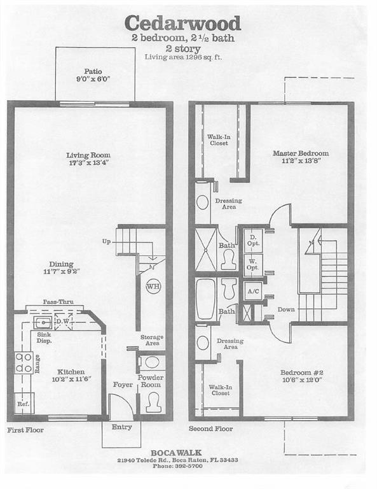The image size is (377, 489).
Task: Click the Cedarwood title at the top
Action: (x=182, y=24)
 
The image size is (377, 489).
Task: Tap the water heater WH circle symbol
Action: (x=153, y=287)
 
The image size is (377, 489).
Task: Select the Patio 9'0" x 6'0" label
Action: (x=93, y=75)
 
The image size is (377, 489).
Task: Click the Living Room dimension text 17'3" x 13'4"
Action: (x=88, y=163)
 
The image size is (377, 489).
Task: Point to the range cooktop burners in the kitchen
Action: (x=24, y=363)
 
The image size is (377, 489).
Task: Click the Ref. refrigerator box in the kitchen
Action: (x=24, y=403)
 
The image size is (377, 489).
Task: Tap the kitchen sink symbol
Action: (x=43, y=322)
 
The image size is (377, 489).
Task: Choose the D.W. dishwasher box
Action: (x=64, y=321)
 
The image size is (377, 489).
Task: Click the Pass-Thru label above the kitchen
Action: (x=58, y=302)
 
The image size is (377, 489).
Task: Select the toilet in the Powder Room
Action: (x=153, y=403)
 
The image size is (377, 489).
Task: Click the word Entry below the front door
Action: (x=121, y=427)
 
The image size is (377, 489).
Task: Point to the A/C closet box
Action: (x=253, y=291)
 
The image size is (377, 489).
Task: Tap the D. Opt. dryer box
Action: (x=253, y=241)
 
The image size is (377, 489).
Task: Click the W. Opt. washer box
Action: (x=253, y=265)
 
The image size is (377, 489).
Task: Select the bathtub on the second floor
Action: (x=206, y=299)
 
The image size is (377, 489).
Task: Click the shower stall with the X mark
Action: (x=206, y=250)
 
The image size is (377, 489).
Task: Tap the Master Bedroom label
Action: (x=301, y=153)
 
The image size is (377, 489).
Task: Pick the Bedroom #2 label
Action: (x=301, y=372)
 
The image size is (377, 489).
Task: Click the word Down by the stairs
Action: (x=286, y=309)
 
